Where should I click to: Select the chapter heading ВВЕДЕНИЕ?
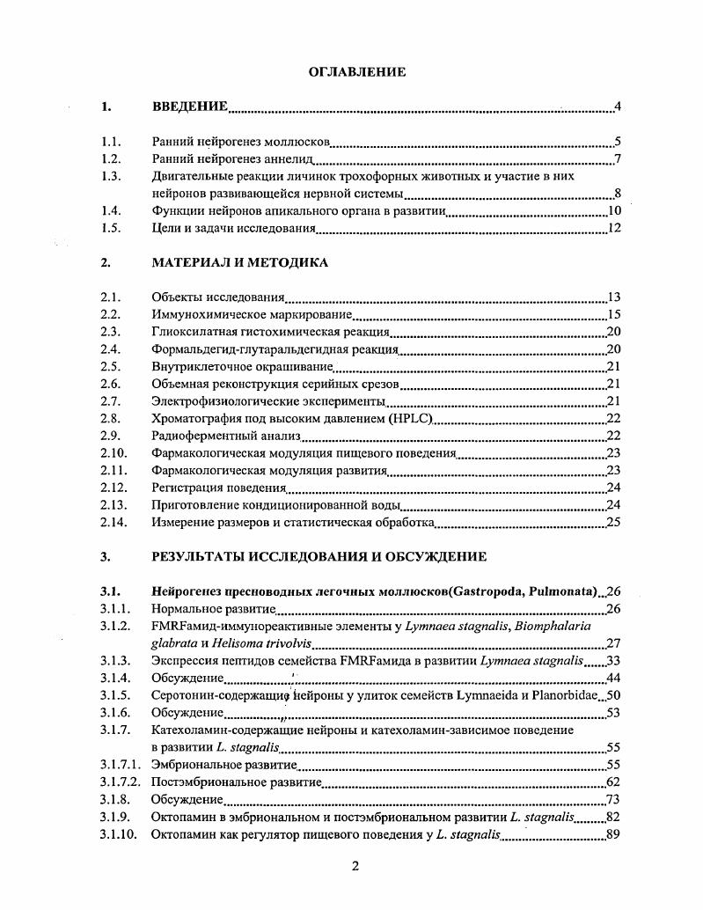tap(190, 107)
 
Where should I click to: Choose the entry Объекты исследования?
tap(218, 297)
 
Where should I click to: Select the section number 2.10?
tap(114, 453)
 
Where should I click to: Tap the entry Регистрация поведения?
tap(219, 488)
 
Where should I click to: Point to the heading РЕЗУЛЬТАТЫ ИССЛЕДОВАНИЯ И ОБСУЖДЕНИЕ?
tap(319, 557)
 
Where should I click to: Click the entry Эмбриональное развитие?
tap(224, 764)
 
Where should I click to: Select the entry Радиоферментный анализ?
tap(227, 436)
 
